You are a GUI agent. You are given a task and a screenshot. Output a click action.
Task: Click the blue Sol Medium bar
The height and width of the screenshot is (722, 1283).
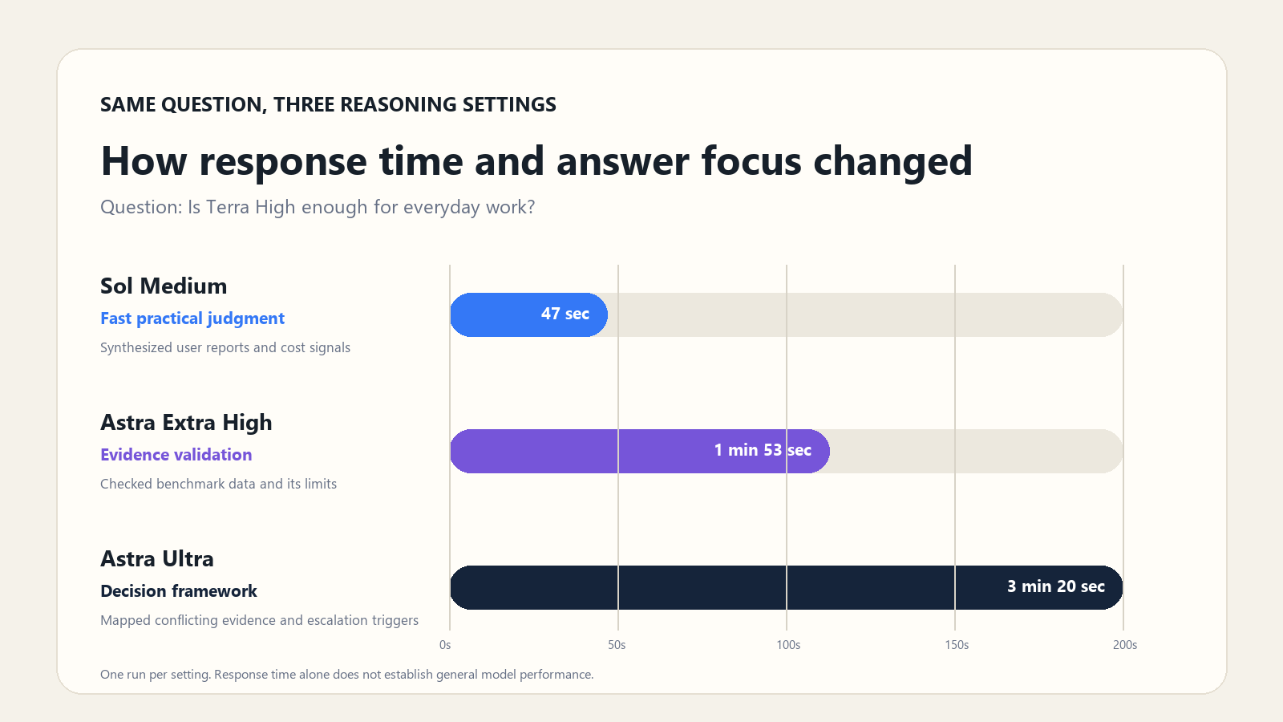[x=528, y=314]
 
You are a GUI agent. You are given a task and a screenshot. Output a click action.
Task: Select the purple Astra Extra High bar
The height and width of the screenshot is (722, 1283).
[x=640, y=451]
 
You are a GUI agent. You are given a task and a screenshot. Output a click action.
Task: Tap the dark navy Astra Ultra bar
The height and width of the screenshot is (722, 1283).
[x=787, y=587]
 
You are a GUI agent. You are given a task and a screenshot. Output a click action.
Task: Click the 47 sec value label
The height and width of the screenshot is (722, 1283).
[x=565, y=314]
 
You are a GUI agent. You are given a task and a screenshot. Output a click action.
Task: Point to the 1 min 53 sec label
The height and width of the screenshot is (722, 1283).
[x=763, y=450]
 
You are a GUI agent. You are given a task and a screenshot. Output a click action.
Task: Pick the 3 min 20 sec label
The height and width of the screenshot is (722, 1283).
[x=1055, y=586]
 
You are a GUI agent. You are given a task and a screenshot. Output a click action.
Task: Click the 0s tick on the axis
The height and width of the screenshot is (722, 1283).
[x=445, y=645]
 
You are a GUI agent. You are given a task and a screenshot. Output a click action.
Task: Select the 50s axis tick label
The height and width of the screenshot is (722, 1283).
[x=617, y=645]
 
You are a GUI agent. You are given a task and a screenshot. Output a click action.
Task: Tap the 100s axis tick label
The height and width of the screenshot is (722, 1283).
[x=788, y=645]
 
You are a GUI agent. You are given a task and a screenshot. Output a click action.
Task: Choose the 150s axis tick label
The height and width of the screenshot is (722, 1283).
[x=957, y=645]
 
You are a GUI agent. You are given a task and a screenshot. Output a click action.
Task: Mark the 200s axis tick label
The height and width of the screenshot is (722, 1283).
[x=1125, y=645]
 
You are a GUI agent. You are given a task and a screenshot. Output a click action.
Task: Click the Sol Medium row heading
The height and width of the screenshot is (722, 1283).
[x=164, y=286]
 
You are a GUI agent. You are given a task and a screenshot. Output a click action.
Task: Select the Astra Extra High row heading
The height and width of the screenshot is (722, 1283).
[x=186, y=422]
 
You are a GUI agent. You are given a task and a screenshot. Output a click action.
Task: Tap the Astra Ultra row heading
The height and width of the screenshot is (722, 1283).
[x=157, y=558]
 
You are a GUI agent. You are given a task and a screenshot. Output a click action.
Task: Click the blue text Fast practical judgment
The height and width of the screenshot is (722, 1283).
[x=192, y=318]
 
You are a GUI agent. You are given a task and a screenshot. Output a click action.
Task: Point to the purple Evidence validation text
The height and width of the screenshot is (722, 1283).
[x=176, y=454]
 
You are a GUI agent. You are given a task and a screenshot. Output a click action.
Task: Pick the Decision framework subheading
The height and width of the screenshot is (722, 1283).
[x=179, y=590]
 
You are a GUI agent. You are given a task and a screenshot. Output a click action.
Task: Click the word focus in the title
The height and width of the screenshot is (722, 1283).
[x=751, y=161]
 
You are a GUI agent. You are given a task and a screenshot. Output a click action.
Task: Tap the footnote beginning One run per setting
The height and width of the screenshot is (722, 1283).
[x=346, y=675]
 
